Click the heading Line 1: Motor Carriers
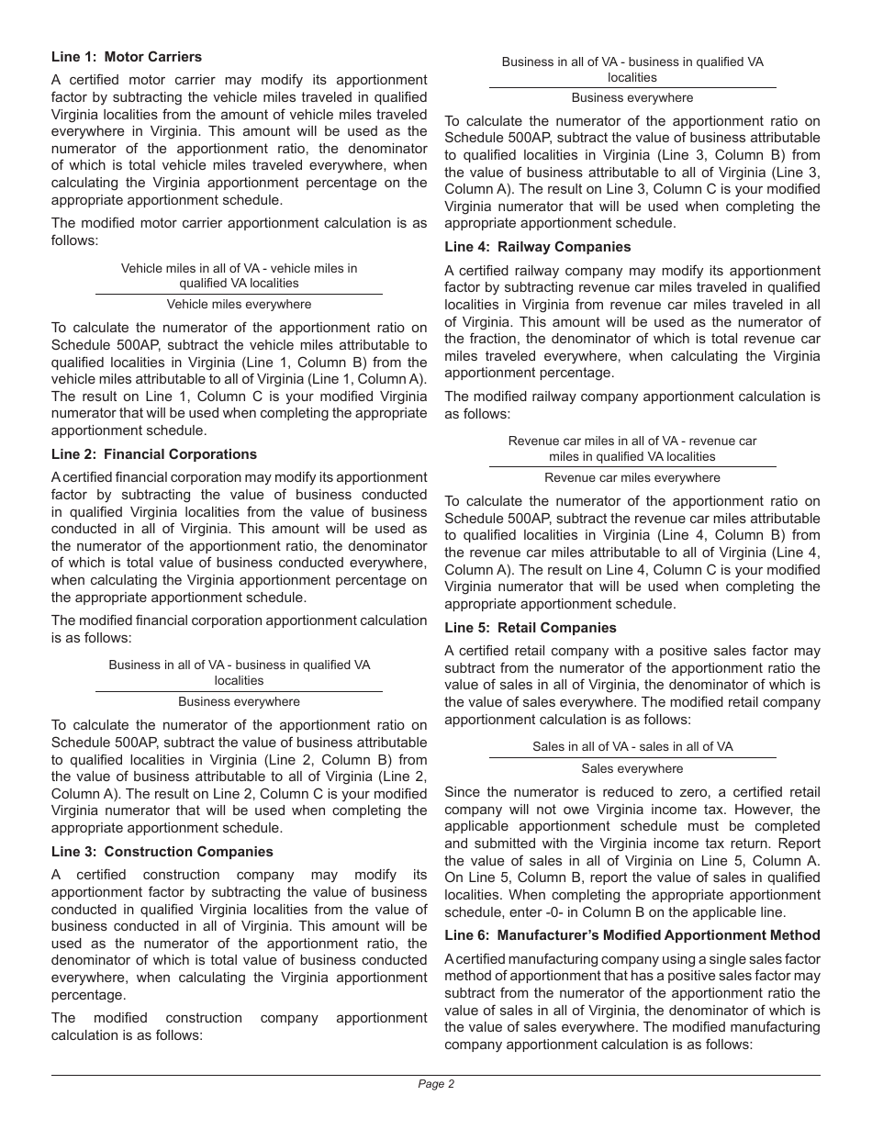click(127, 57)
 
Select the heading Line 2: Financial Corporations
click(154, 454)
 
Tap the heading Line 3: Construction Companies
click(162, 852)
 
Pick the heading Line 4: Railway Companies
click(538, 247)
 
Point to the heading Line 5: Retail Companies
click(531, 628)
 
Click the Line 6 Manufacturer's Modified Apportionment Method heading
click(632, 935)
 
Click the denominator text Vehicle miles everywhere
click(239, 304)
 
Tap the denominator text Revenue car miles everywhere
click(632, 477)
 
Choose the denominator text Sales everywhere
click(632, 768)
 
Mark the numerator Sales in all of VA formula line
click(632, 746)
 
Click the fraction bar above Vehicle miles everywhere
click(239, 294)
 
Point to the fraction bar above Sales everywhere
click(632, 757)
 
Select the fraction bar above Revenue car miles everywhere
click(632, 466)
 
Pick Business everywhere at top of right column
click(632, 97)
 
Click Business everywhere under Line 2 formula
click(239, 701)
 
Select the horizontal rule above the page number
click(436, 1075)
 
